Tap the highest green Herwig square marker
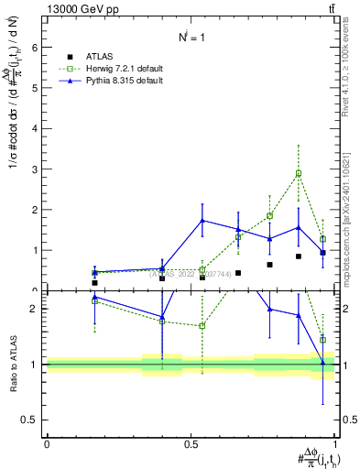pyautogui.click(x=299, y=173)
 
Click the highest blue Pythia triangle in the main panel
pyautogui.click(x=202, y=221)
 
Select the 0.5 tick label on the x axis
pyautogui.click(x=190, y=444)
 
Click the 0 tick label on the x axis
pyautogui.click(x=47, y=444)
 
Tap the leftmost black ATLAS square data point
pyautogui.click(x=94, y=283)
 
